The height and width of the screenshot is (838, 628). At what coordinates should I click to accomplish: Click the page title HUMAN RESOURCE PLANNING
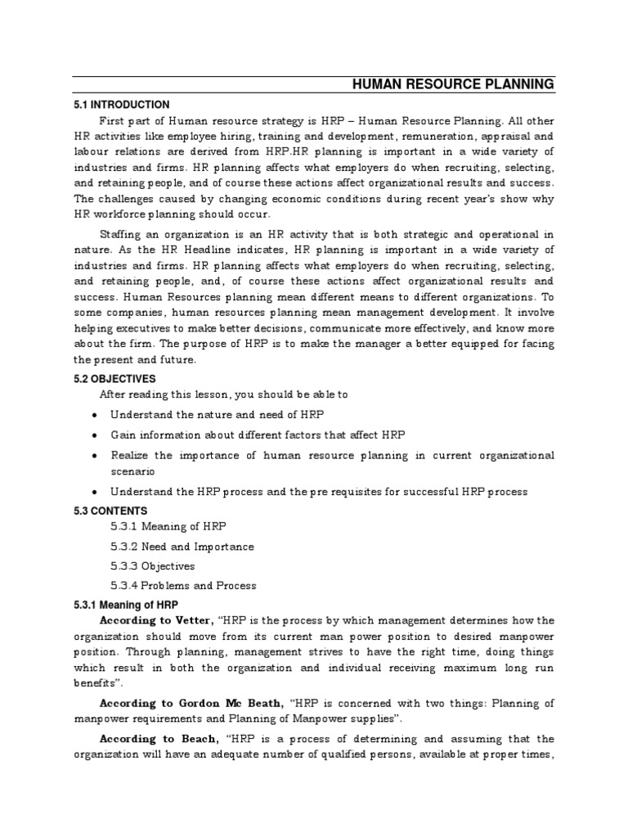tap(452, 84)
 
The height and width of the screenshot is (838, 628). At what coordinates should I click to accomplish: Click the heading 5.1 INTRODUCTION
tap(122, 105)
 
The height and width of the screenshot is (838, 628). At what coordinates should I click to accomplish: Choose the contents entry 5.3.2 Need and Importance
tap(182, 547)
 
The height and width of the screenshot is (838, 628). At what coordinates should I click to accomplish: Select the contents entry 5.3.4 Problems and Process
tap(183, 586)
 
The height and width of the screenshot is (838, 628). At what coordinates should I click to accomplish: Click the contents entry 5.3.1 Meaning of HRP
tap(168, 527)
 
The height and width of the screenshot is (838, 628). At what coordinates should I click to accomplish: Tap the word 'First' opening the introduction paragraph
tap(112, 121)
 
